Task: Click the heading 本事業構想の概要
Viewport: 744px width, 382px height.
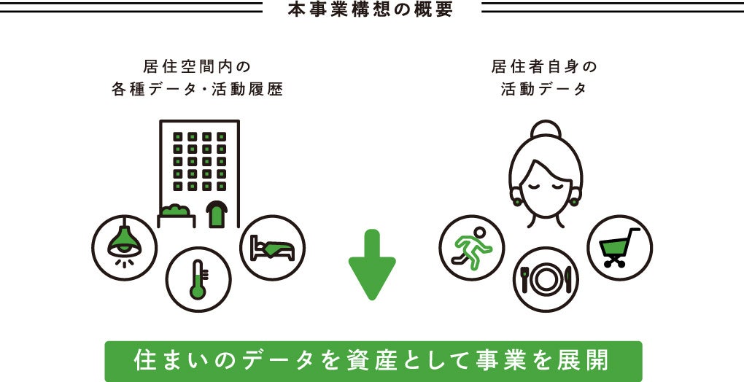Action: (371, 11)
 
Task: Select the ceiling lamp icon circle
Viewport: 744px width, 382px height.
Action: (125, 246)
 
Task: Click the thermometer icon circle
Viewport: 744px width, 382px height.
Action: (198, 279)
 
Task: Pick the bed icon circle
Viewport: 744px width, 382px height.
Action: (272, 247)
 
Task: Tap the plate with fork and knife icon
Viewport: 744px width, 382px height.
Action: (545, 279)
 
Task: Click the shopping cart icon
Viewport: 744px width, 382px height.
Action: (619, 247)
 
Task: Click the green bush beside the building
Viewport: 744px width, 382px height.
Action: (177, 211)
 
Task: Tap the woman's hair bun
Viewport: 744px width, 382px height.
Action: (545, 130)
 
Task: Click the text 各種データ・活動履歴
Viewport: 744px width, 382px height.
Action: (197, 90)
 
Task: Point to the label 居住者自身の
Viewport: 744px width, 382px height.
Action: (544, 67)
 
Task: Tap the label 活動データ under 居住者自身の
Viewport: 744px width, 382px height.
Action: (544, 90)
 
